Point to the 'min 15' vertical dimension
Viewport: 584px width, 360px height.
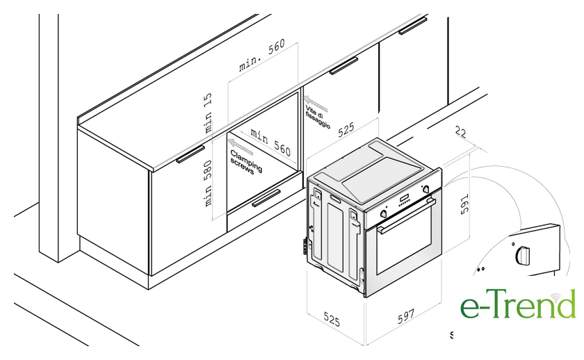tap(208, 113)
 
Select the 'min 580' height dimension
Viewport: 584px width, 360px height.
tap(208, 183)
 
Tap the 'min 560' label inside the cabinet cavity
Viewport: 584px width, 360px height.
tap(270, 142)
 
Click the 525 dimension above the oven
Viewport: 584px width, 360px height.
tap(346, 130)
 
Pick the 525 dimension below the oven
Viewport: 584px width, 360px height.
tap(332, 319)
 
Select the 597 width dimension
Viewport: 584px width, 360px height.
tap(406, 316)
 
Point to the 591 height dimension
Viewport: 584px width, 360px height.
tap(465, 204)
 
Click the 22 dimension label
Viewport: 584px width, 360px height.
tap(460, 132)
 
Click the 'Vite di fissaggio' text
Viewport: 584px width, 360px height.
tap(318, 117)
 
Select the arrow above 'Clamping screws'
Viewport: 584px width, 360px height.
tap(241, 147)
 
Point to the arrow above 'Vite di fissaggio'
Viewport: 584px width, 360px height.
tap(316, 104)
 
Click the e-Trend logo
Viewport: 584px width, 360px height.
tap(518, 303)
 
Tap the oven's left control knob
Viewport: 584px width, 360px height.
tap(384, 213)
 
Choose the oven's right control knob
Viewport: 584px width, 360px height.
tap(426, 190)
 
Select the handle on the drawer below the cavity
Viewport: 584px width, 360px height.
tap(266, 198)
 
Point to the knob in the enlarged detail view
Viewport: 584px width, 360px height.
tap(522, 255)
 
